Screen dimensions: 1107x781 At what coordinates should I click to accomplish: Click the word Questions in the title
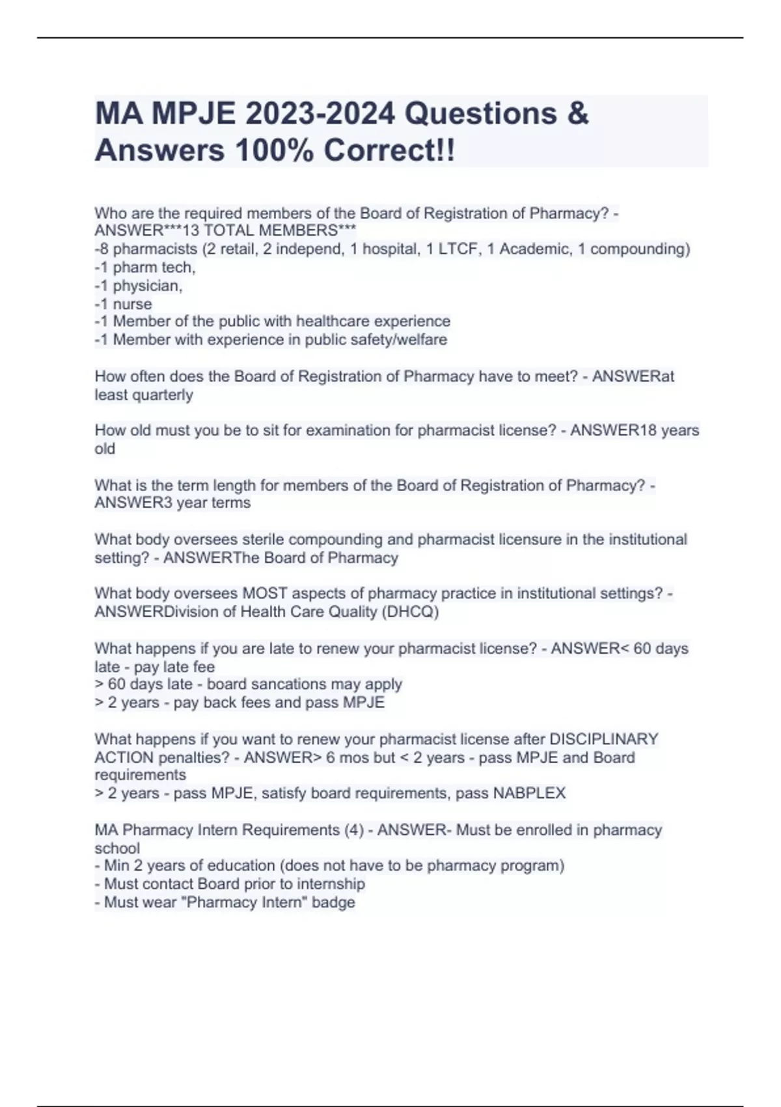[480, 114]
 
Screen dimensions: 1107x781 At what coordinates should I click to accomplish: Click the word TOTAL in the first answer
[230, 231]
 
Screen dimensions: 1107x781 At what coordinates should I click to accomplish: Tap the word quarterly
[163, 395]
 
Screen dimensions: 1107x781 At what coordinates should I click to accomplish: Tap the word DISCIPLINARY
[604, 740]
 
